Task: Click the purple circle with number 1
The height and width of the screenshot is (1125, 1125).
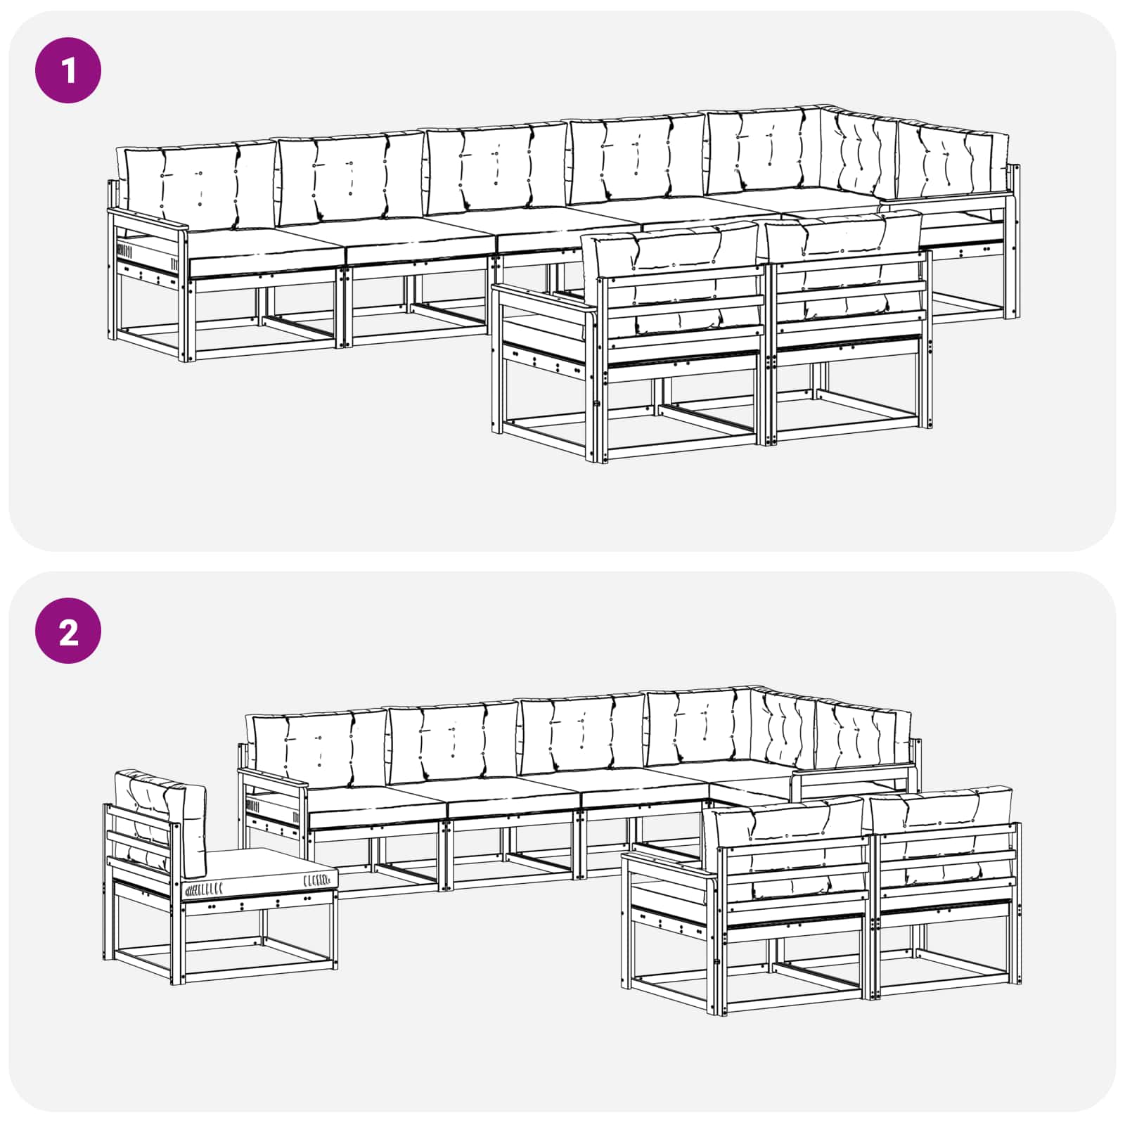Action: pyautogui.click(x=68, y=70)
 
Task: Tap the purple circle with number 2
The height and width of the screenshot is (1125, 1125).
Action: pyautogui.click(x=68, y=631)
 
